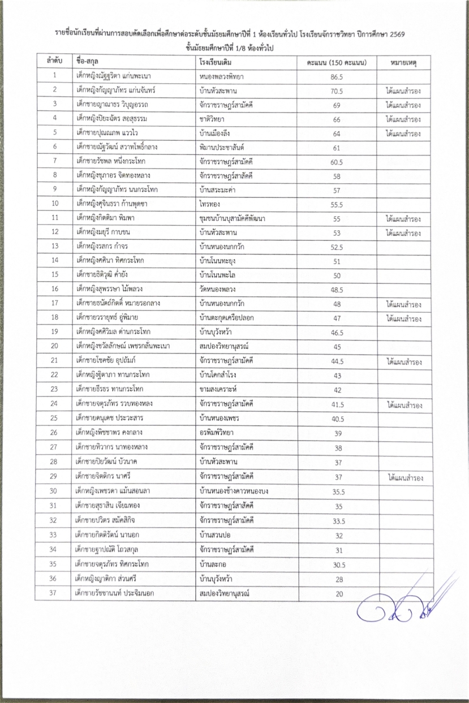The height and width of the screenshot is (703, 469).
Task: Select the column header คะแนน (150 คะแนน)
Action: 337,61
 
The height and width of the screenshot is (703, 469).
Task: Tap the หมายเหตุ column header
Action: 403,61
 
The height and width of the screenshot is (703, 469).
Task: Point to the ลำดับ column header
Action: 54,61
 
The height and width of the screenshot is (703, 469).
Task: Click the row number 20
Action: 54,346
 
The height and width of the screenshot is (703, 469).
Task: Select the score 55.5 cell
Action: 337,204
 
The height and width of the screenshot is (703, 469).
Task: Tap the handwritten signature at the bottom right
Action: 407,602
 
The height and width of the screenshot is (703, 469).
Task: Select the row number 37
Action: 54,593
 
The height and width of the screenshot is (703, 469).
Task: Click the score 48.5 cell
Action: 337,290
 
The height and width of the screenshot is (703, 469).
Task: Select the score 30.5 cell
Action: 337,564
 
